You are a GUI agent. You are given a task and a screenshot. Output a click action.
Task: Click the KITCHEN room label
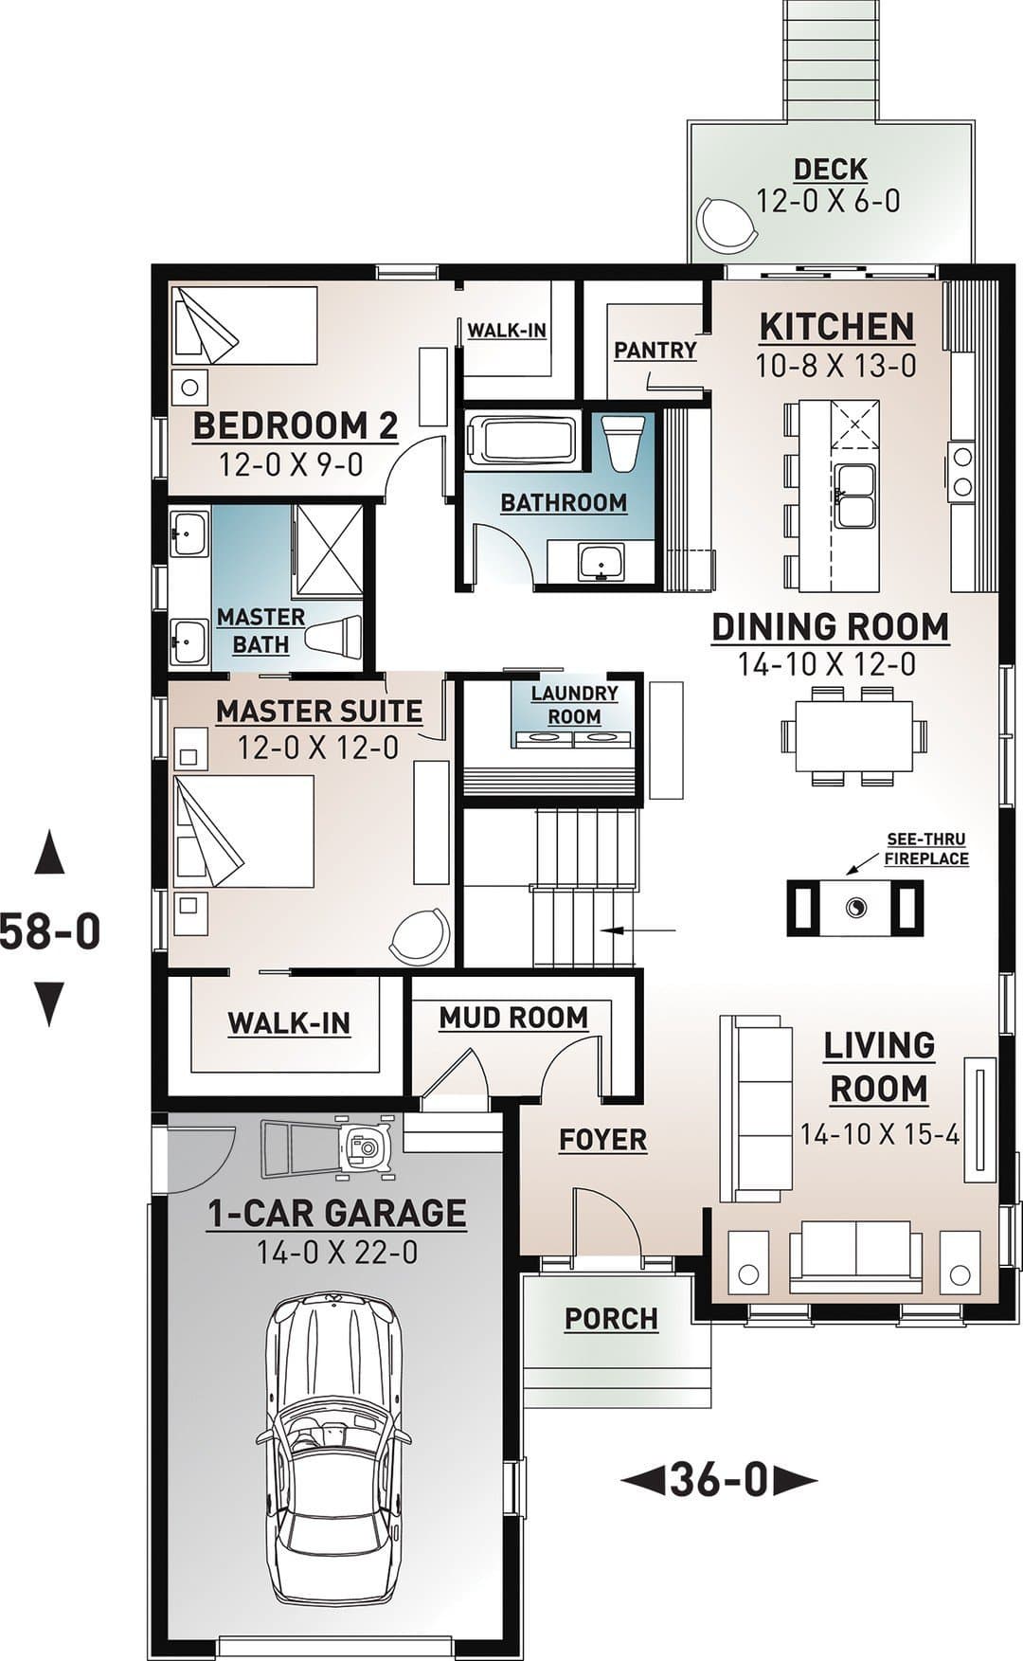point(836,327)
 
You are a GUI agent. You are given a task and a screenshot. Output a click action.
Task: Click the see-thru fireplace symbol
point(855,908)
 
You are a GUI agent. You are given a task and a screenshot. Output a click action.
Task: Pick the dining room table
point(853,736)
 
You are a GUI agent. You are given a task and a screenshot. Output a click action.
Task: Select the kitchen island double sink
point(855,496)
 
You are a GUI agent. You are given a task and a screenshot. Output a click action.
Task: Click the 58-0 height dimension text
point(50,930)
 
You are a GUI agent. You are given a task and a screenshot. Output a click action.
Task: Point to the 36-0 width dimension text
point(718,1480)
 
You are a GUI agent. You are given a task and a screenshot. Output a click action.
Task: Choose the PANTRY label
point(655,351)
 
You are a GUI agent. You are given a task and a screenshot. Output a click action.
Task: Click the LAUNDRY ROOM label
point(574,705)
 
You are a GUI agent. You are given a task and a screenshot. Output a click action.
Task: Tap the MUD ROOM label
point(513,1018)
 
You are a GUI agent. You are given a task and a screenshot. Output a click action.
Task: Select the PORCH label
point(611,1318)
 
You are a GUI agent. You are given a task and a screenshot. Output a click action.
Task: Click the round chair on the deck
point(727,225)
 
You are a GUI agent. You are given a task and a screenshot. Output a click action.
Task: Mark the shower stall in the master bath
point(328,551)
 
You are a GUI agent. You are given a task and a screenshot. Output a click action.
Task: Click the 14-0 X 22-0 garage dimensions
point(337,1253)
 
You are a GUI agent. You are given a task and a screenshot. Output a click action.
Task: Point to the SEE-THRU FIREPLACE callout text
point(926,849)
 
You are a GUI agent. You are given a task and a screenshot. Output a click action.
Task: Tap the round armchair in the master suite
point(420,935)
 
